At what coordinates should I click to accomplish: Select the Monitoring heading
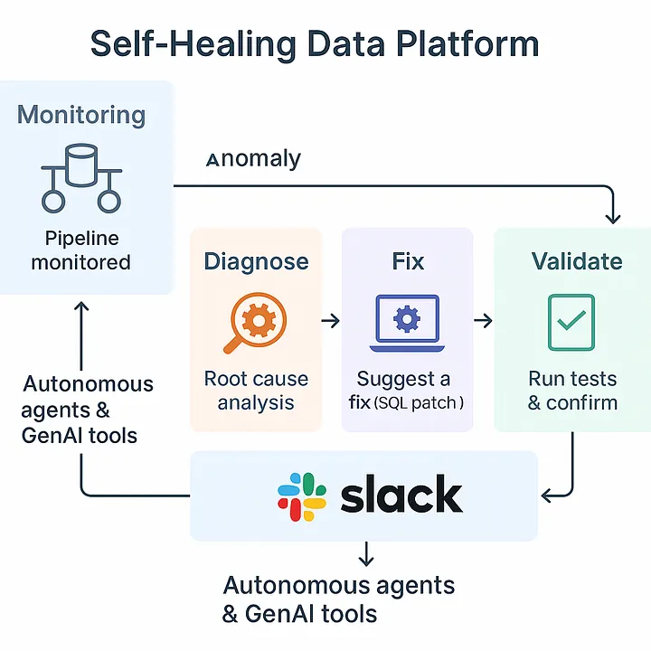81,115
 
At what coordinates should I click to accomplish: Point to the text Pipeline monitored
81,250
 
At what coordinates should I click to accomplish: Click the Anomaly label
253,159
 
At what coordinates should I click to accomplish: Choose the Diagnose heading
256,261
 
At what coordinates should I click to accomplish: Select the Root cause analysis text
256,390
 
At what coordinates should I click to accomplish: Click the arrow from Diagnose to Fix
330,320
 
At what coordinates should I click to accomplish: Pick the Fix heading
408,261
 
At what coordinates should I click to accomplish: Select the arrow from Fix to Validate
483,320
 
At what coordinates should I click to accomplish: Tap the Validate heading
577,261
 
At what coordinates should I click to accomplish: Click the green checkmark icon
571,322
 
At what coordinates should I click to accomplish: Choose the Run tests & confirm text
572,390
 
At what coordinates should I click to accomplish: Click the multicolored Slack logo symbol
301,495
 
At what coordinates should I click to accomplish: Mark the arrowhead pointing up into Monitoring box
81,307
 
